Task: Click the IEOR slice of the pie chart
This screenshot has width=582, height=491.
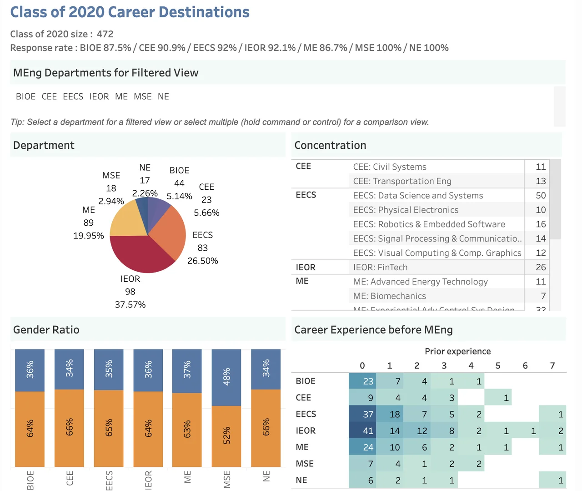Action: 139,255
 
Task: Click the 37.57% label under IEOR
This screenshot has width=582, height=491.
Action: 130,304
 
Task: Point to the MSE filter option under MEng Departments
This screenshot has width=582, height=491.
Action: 143,96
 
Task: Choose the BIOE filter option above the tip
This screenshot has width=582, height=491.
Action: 25,96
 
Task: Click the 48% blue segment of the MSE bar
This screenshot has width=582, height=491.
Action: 226,377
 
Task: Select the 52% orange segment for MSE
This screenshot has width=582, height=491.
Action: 226,436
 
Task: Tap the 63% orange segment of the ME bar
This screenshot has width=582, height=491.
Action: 187,430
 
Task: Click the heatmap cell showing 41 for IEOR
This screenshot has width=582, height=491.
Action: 363,430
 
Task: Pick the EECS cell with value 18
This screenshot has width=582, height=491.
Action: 390,414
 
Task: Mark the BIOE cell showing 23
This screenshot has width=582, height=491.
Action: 363,381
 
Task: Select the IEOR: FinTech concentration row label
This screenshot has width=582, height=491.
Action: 380,268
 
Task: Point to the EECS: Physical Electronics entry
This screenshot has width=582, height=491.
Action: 406,210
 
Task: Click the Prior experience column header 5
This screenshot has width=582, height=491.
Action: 498,365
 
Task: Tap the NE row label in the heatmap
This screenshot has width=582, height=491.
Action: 301,480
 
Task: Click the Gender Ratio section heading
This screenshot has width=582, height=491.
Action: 46,330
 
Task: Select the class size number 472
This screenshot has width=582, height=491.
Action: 105,34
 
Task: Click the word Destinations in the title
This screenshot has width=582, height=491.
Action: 206,12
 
